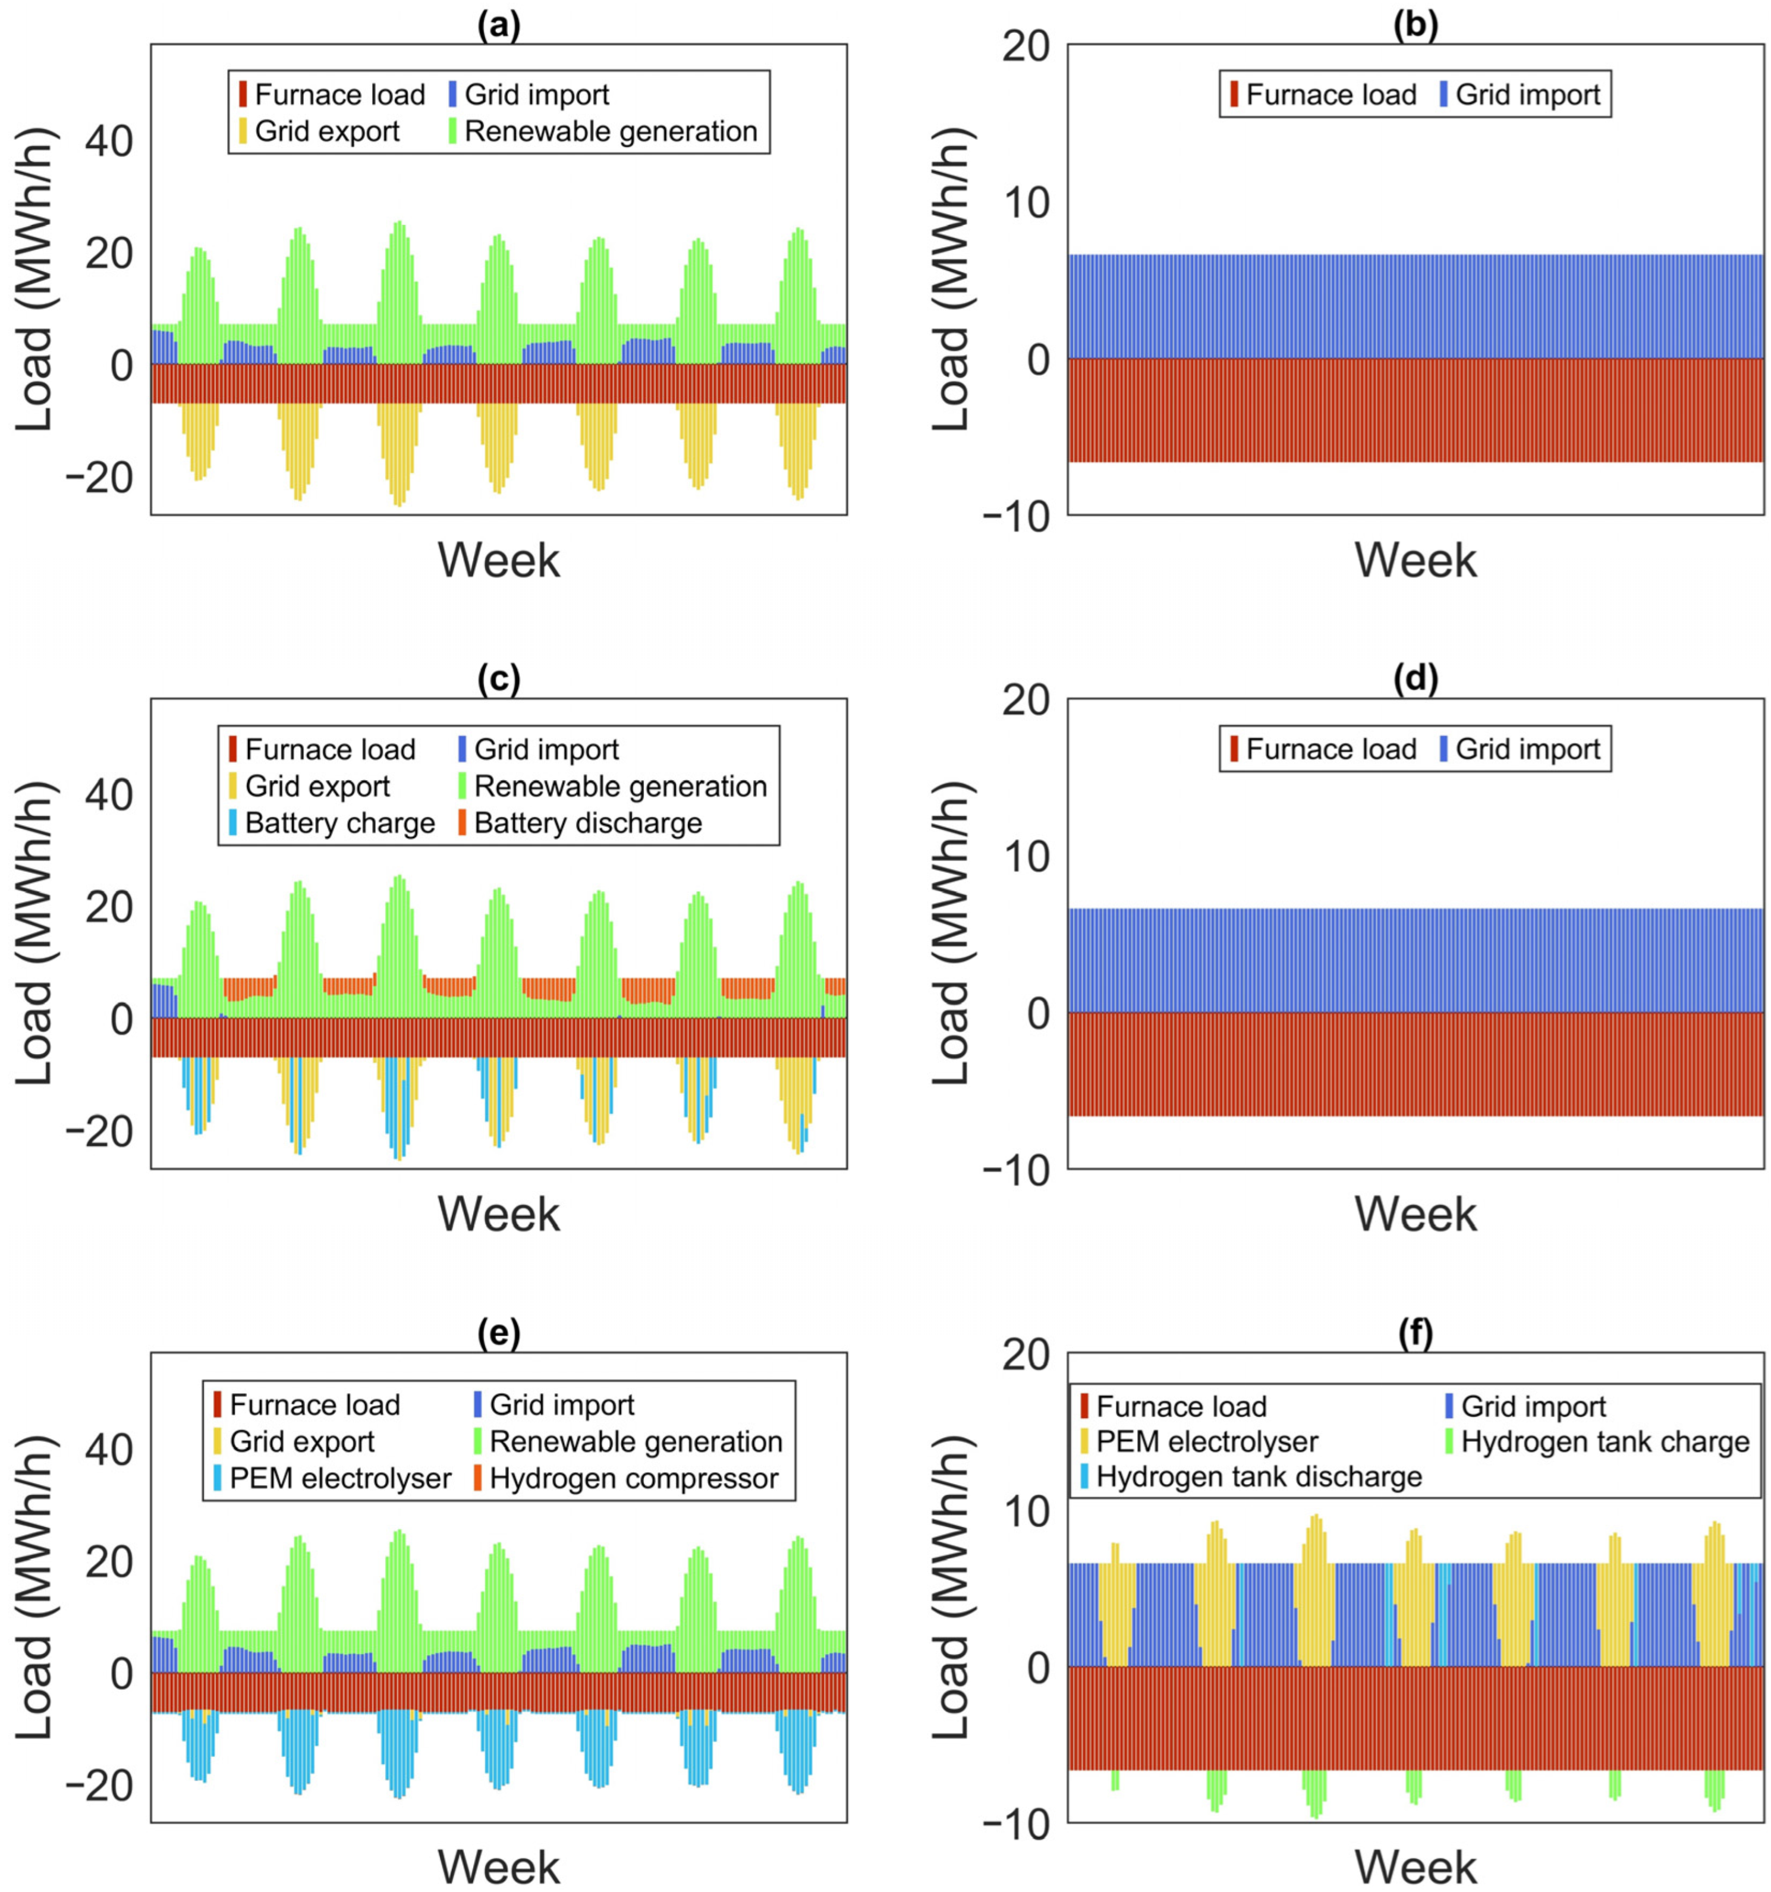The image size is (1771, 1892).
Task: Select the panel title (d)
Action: coord(1414,678)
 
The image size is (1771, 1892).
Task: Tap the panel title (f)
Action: coord(1414,1333)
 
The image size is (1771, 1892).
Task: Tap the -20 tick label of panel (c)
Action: coord(98,1132)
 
